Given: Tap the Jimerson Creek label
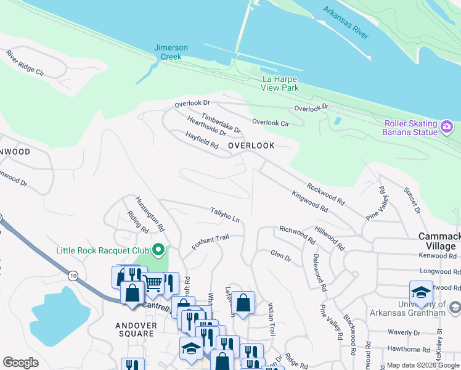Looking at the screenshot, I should [x=171, y=52].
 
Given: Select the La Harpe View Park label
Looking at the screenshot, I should [x=280, y=83].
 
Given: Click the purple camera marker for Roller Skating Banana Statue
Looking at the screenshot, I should [x=447, y=128].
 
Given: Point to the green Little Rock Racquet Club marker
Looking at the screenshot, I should [x=158, y=250].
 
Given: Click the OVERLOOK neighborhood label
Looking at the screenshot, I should [x=251, y=145].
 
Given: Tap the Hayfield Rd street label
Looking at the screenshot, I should [x=202, y=140].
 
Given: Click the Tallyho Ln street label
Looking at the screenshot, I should [x=224, y=215].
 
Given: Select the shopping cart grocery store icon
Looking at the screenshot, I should [x=153, y=284].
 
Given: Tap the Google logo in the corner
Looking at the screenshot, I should [x=20, y=363].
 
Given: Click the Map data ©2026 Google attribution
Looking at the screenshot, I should [x=423, y=365].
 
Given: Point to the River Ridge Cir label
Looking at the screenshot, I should [x=26, y=64].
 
